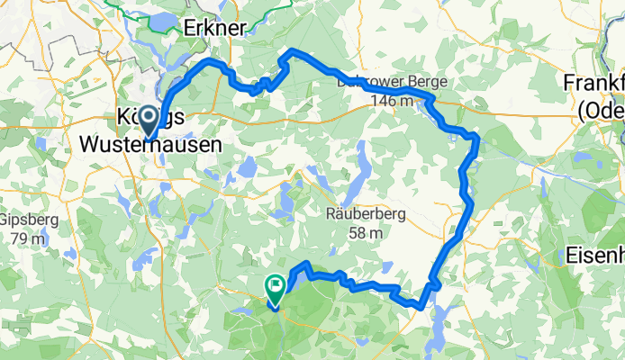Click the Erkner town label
pos(213,29)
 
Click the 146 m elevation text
pos(391,102)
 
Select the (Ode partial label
pos(601,109)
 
